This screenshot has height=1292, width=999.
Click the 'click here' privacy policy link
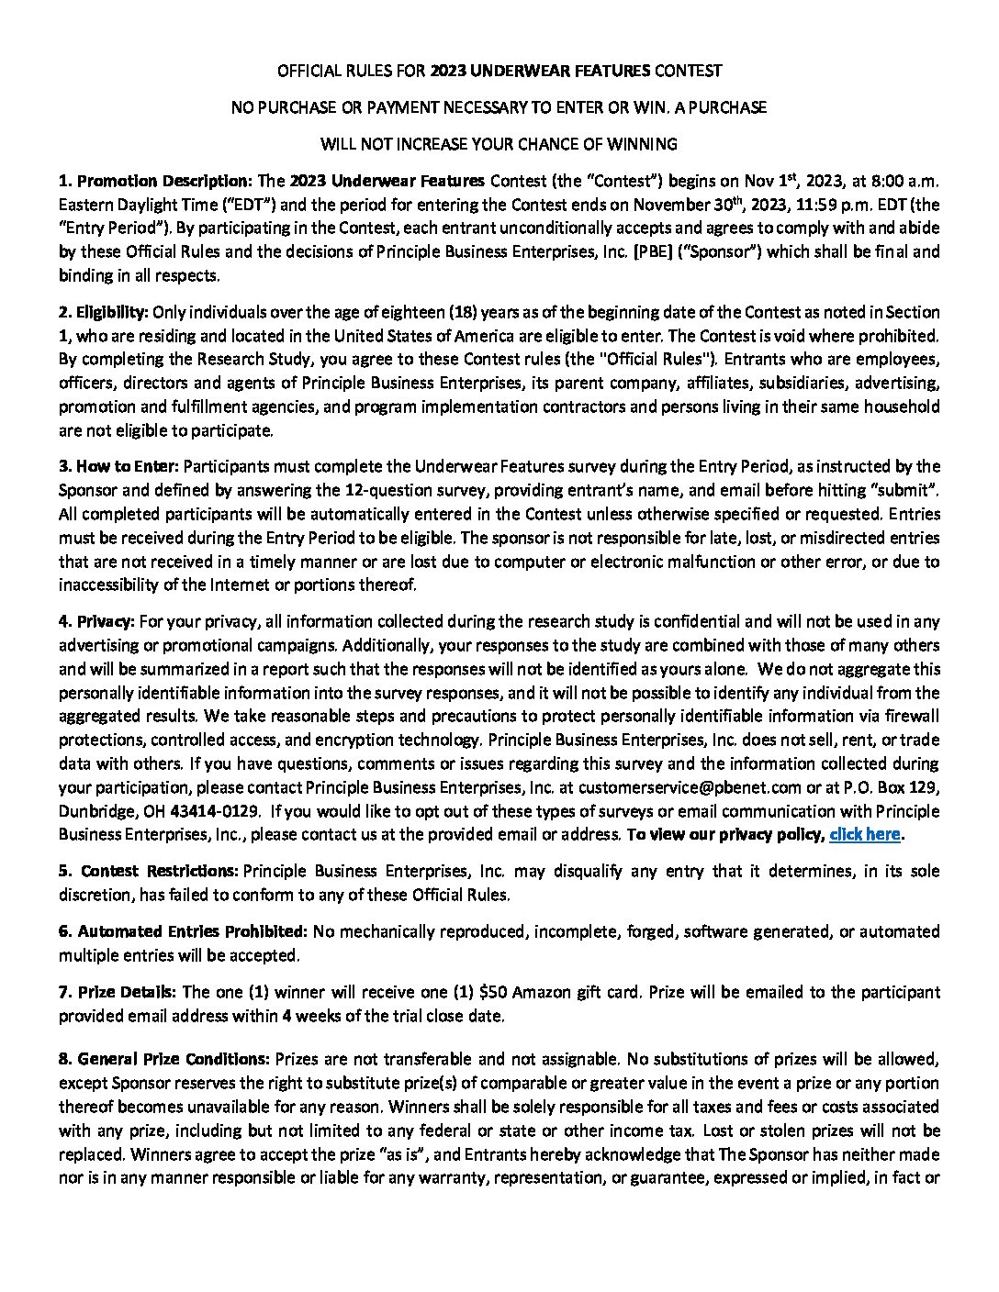point(864,834)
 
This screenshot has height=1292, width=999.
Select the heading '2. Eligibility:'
point(104,312)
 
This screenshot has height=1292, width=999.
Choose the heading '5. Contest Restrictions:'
point(149,870)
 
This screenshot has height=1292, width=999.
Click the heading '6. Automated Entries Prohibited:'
point(183,931)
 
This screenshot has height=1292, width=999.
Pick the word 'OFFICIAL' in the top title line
point(309,71)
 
